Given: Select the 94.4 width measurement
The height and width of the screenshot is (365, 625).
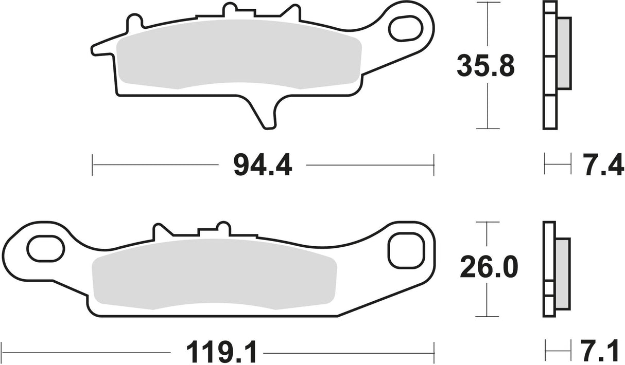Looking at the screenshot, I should pos(262,165).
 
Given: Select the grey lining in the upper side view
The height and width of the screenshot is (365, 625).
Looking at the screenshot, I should pos(564,51).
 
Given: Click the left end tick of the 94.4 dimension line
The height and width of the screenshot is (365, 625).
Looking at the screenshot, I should pos(92,165).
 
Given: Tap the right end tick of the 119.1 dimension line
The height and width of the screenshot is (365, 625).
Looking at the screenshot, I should pos(434,353).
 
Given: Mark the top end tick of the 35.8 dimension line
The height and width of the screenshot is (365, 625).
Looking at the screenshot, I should pos(487,3).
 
